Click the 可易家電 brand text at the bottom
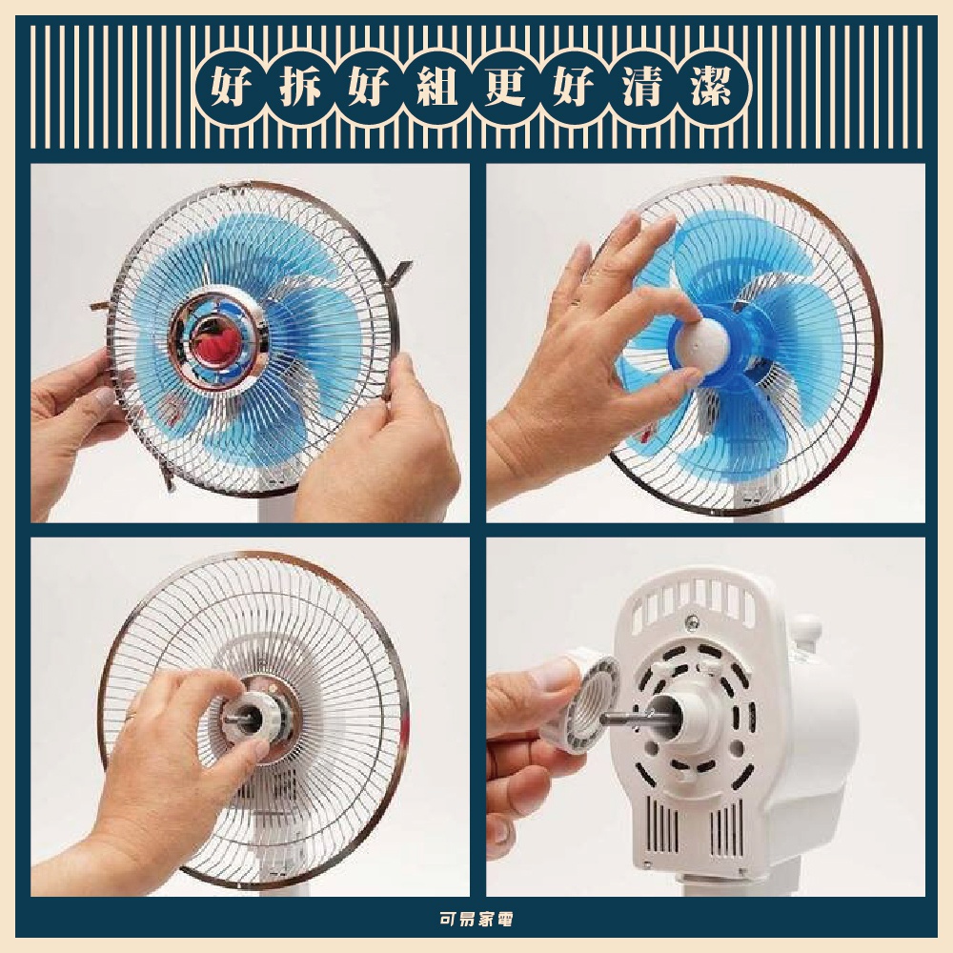point(476,919)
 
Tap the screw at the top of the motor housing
point(692,621)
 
